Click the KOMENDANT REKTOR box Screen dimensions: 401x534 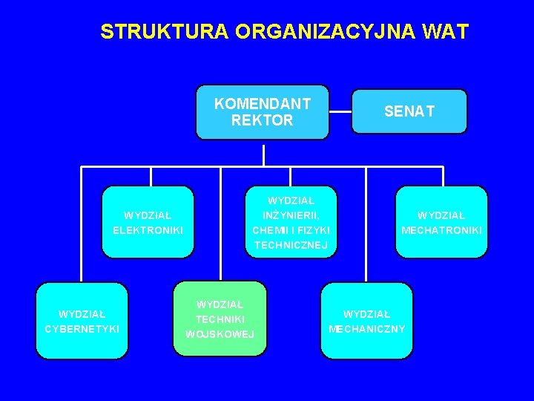[x=262, y=112]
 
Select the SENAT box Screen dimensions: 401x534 [x=409, y=111]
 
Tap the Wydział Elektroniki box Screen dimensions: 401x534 [x=148, y=222]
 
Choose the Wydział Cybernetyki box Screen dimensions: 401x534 [x=82, y=320]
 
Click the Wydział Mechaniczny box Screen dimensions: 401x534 [x=366, y=320]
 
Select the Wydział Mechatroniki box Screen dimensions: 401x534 [x=441, y=222]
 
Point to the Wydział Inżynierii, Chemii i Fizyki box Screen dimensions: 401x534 [x=291, y=222]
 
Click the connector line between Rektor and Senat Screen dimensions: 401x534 [x=340, y=112]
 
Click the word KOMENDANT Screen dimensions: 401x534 [x=262, y=104]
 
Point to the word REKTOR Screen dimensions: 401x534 [x=262, y=120]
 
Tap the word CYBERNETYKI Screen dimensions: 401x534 [x=82, y=328]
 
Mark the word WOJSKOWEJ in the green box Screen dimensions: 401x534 [x=220, y=334]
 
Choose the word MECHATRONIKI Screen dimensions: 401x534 [x=441, y=230]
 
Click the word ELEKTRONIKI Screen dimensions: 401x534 [x=148, y=230]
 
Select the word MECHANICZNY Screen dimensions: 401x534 [x=366, y=328]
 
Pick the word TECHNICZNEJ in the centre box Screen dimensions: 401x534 [x=291, y=244]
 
